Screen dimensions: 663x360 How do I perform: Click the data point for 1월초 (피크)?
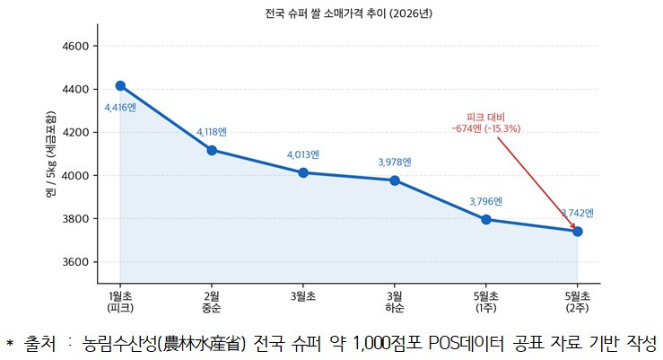point(120,86)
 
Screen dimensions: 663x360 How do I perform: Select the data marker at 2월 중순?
point(212,150)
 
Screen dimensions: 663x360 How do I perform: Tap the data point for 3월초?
point(303,172)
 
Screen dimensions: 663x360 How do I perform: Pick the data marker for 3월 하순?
point(395,180)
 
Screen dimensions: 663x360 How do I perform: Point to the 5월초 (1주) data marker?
point(486,220)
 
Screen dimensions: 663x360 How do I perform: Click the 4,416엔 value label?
point(120,108)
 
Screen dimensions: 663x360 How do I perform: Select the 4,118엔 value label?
point(212,132)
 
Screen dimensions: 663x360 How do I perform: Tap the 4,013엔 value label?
point(303,154)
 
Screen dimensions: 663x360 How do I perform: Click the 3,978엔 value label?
point(395,162)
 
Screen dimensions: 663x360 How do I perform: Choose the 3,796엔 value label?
point(486,201)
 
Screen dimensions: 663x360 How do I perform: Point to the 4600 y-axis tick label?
point(75,46)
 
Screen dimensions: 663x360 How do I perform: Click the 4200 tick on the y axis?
point(75,132)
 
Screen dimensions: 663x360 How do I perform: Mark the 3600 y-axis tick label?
point(75,262)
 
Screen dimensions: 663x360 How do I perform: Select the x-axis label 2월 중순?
point(212,302)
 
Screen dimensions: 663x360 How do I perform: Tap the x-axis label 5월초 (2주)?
point(578,302)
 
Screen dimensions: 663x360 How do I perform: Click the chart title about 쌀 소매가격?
point(349,13)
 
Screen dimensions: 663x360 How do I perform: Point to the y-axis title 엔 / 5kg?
point(51,154)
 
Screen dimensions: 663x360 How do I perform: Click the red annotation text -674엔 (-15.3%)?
point(486,128)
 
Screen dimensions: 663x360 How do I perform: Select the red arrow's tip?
point(576,229)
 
